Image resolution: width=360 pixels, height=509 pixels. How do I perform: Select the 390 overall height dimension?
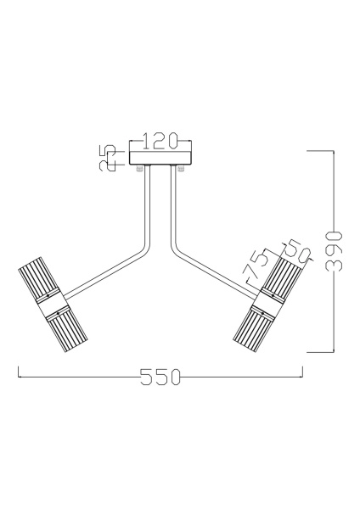tap(335, 250)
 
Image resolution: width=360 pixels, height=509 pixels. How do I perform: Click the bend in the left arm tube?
tap(145, 249)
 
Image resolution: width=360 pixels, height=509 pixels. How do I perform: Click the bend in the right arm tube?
tap(176, 249)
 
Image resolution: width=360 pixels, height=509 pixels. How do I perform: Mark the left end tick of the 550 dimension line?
tap(19, 373)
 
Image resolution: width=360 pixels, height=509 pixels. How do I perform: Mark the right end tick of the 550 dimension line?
tap(303, 373)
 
